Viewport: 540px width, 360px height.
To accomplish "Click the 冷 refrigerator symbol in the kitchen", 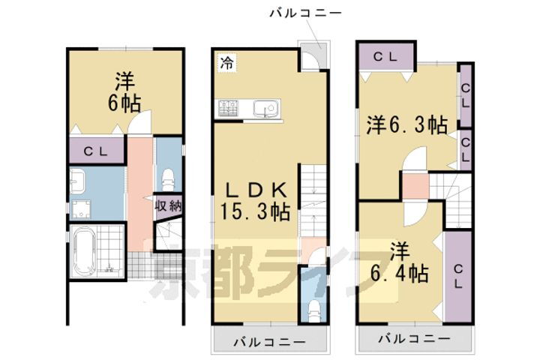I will point(226,64).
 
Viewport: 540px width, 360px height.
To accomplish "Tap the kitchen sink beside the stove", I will point(265,109).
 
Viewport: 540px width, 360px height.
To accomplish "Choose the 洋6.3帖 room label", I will point(406,125).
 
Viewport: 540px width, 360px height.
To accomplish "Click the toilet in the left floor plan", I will point(168,178).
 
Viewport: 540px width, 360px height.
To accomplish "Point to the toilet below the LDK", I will point(313,307).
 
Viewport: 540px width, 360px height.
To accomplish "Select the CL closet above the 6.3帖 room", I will point(385,55).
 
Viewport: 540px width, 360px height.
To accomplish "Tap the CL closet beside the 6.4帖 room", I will point(457,274).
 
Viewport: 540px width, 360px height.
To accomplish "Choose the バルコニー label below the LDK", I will point(268,342).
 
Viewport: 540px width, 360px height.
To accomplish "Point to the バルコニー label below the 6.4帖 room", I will point(414,339).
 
